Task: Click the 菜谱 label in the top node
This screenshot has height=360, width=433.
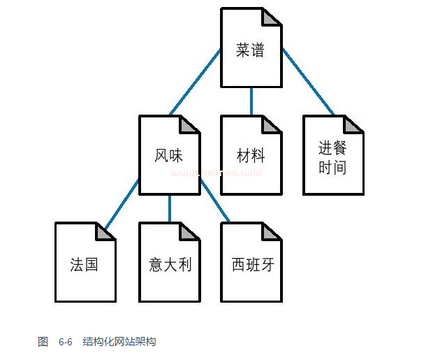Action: (x=251, y=50)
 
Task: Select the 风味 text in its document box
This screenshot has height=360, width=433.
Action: (x=169, y=156)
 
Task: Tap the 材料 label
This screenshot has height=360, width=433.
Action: (x=251, y=155)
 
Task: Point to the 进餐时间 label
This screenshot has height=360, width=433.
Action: (x=332, y=158)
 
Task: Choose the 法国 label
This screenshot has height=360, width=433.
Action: (x=85, y=264)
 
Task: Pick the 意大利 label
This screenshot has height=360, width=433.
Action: (x=170, y=264)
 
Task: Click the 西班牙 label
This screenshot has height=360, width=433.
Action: (x=251, y=264)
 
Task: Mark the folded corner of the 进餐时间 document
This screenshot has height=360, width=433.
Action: (x=356, y=124)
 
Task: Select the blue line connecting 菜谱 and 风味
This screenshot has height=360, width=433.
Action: (x=195, y=82)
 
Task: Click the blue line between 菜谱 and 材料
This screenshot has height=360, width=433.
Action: (x=251, y=101)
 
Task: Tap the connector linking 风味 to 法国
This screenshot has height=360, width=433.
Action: (x=122, y=203)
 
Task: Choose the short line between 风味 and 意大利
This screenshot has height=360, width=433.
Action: (x=170, y=208)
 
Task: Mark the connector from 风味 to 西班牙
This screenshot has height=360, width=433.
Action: (x=215, y=203)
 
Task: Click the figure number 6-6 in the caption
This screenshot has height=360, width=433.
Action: (x=66, y=342)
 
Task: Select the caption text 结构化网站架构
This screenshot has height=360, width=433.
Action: (x=119, y=342)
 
